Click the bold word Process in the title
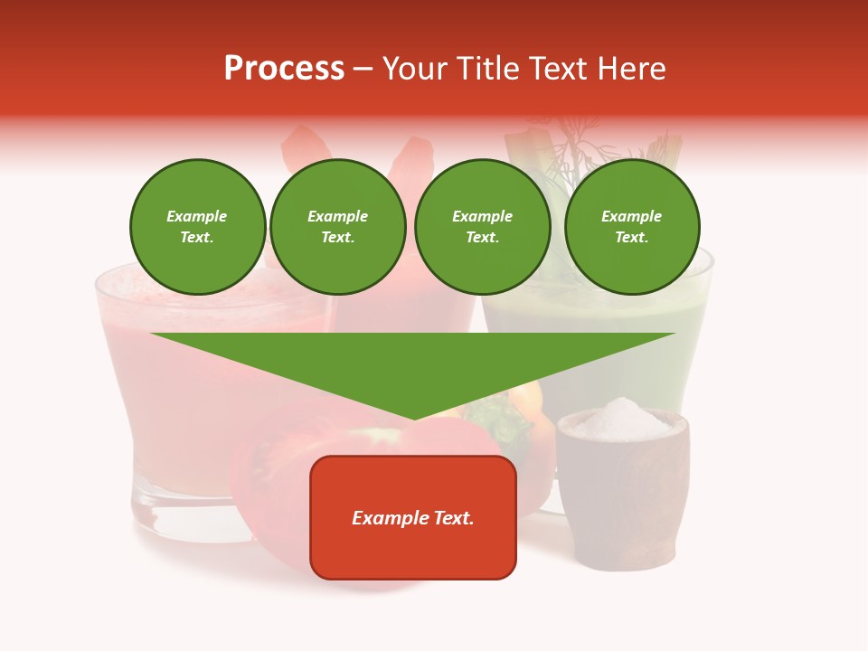(x=284, y=69)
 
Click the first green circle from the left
(x=197, y=227)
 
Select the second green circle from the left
(x=337, y=227)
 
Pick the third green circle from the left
(x=482, y=227)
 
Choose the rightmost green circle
(x=631, y=227)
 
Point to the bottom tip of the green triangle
(x=414, y=418)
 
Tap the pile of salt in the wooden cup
(x=622, y=418)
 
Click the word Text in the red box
(x=453, y=518)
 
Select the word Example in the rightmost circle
(x=631, y=217)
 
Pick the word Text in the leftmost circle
(x=196, y=238)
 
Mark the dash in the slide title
(x=363, y=69)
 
